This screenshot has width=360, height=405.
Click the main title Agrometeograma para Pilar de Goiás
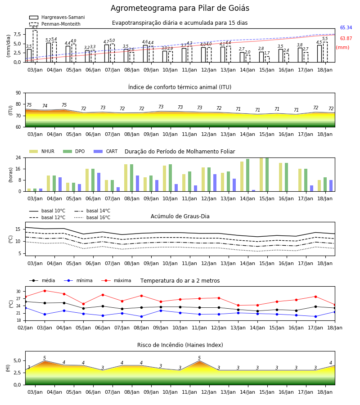180,8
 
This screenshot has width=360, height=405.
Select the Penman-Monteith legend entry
55,24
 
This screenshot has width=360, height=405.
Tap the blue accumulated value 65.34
346,27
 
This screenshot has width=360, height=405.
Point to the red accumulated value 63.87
346,39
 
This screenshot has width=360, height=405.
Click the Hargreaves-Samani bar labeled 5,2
49,53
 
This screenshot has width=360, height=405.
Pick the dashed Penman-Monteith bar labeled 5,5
325,52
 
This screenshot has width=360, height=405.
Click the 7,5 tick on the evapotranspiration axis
17,34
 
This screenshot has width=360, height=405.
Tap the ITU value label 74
45,106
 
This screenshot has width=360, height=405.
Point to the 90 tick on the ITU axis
18,93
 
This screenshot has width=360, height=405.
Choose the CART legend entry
106,151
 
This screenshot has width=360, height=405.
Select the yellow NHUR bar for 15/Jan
261,174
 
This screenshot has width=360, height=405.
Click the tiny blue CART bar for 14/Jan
254,191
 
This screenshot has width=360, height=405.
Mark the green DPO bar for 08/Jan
132,178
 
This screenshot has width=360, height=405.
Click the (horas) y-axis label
11,175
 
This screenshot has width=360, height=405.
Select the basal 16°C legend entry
92,218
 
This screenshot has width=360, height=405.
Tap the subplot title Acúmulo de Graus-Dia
180,216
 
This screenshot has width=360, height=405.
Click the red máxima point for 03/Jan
45,291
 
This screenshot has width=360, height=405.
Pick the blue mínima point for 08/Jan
141,316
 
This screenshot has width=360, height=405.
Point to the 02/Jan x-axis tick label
25,328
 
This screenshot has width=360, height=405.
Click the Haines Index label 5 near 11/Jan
199,358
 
